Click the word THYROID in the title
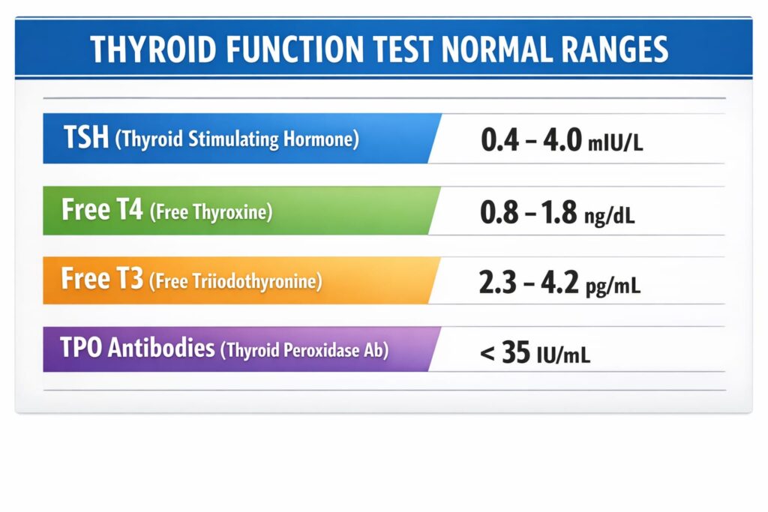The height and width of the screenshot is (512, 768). (153, 49)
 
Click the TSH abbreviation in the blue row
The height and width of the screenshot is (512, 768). (86, 136)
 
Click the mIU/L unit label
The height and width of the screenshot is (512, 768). (615, 143)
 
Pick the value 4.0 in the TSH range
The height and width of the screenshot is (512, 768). (562, 140)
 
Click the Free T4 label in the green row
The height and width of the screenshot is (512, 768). (102, 209)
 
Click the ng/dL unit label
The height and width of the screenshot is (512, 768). (609, 215)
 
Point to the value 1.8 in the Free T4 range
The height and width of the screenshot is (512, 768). (559, 212)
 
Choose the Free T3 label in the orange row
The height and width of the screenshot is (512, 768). (102, 279)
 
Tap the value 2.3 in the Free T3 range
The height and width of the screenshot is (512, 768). (498, 283)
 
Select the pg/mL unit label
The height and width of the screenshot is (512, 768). (613, 285)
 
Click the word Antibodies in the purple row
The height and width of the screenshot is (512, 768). (161, 348)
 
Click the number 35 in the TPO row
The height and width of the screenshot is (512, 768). (516, 352)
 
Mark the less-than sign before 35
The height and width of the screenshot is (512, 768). (487, 353)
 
